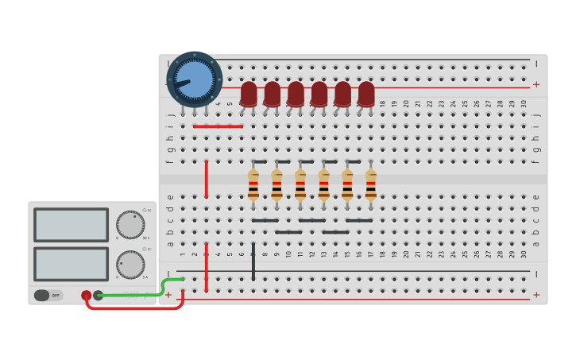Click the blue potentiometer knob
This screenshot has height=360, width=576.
click(x=195, y=79)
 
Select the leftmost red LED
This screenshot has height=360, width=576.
click(x=249, y=93)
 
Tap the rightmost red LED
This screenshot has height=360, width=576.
click(x=366, y=93)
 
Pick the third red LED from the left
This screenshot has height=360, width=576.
click(x=296, y=93)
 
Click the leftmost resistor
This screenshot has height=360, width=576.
click(x=253, y=185)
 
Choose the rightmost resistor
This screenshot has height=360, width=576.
click(x=371, y=185)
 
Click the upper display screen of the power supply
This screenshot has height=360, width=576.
click(x=72, y=225)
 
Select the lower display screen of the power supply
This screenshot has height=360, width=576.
click(x=72, y=264)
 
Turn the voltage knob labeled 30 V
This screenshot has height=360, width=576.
click(x=130, y=225)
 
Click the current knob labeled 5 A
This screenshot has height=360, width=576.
click(x=130, y=264)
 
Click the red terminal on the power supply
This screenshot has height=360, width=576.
click(x=86, y=296)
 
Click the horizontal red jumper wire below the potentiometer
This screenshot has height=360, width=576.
click(x=218, y=126)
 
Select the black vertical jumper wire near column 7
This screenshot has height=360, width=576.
click(x=253, y=262)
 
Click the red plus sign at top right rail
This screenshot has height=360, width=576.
click(x=536, y=84)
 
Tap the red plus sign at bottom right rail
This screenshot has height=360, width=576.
click(x=536, y=295)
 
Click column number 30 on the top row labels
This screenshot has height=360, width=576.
click(x=524, y=103)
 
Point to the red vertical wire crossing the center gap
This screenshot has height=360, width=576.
click(x=207, y=179)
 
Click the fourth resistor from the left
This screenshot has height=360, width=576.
click(x=324, y=185)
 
